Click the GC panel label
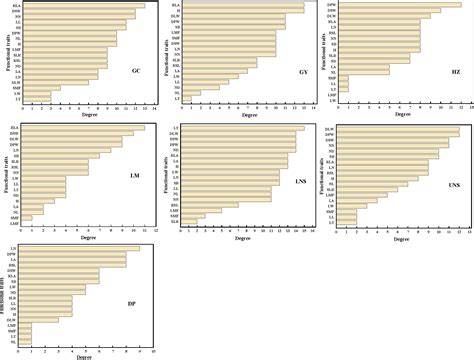tap(135, 71)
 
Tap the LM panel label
tap(133, 177)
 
